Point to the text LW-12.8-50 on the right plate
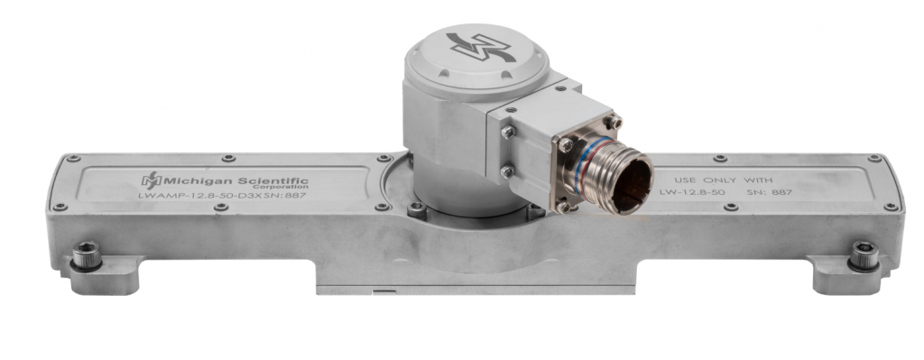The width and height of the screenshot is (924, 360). tap(692, 192)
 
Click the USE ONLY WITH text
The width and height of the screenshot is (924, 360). tap(723, 180)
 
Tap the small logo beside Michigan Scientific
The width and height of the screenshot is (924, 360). tap(151, 180)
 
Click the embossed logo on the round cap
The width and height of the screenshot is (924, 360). tap(481, 47)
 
